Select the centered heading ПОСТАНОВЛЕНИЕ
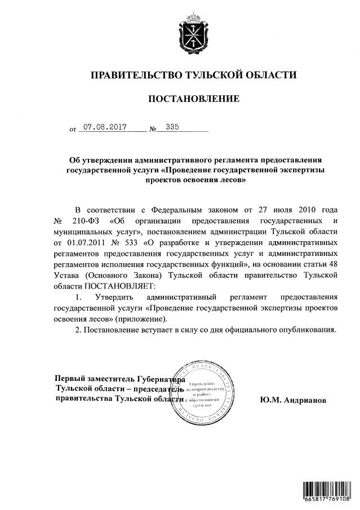tap(193, 99)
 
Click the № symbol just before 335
tap(153, 130)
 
